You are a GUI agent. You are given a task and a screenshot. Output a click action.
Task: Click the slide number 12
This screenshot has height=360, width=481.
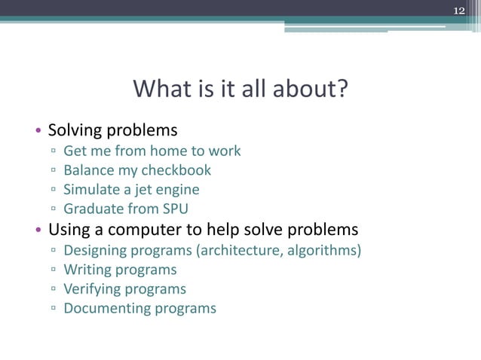(x=459, y=9)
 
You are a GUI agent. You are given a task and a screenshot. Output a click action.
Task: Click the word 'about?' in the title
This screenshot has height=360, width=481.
(x=312, y=90)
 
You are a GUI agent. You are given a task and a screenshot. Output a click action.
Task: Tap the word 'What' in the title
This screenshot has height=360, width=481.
(x=158, y=90)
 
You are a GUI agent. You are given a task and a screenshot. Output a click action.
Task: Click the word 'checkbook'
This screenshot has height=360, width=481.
(x=176, y=170)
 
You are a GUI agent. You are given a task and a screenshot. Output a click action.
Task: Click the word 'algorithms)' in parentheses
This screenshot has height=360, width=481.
(x=323, y=249)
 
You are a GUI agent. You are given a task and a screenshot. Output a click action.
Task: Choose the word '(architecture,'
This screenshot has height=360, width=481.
(x=240, y=249)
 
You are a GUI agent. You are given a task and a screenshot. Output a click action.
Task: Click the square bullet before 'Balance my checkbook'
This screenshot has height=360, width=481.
(x=54, y=171)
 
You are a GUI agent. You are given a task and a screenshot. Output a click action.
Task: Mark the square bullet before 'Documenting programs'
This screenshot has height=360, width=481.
(x=54, y=309)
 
